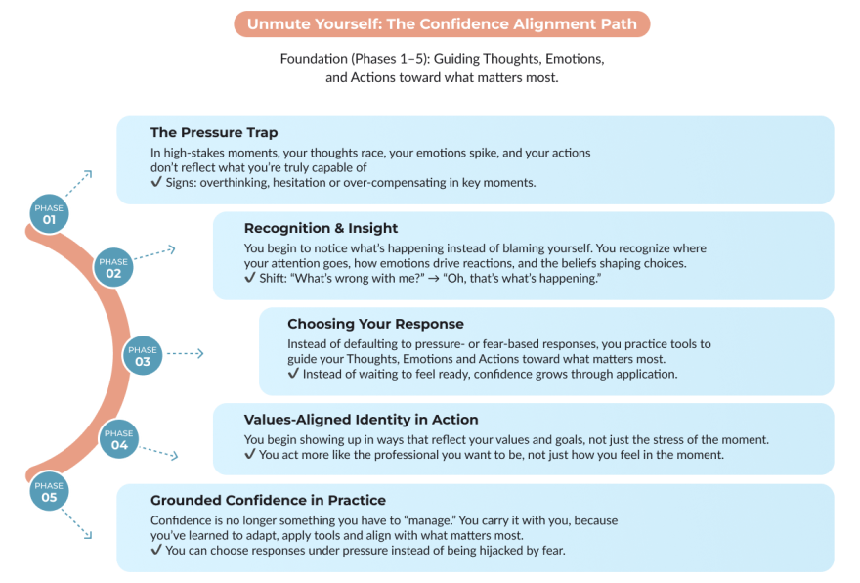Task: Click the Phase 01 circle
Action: pos(49,214)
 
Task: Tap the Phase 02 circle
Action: pos(113,267)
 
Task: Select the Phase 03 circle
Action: pos(143,356)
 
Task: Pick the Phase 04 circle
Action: pos(119,439)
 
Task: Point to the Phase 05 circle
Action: pos(49,491)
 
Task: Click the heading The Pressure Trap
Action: pos(214,132)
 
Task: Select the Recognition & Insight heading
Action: pos(321,228)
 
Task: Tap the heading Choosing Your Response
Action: pos(375,324)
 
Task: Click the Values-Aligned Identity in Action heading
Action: pos(361,420)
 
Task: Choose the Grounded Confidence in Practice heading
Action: pos(268,500)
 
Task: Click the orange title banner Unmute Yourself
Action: pos(442,24)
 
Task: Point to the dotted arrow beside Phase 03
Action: pos(185,353)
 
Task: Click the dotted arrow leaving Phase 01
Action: pos(78,183)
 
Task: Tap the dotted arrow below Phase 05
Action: pos(76,523)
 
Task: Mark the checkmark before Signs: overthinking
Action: pos(156,182)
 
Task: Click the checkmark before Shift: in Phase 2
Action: pos(249,277)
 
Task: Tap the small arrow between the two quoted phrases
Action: pos(434,279)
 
